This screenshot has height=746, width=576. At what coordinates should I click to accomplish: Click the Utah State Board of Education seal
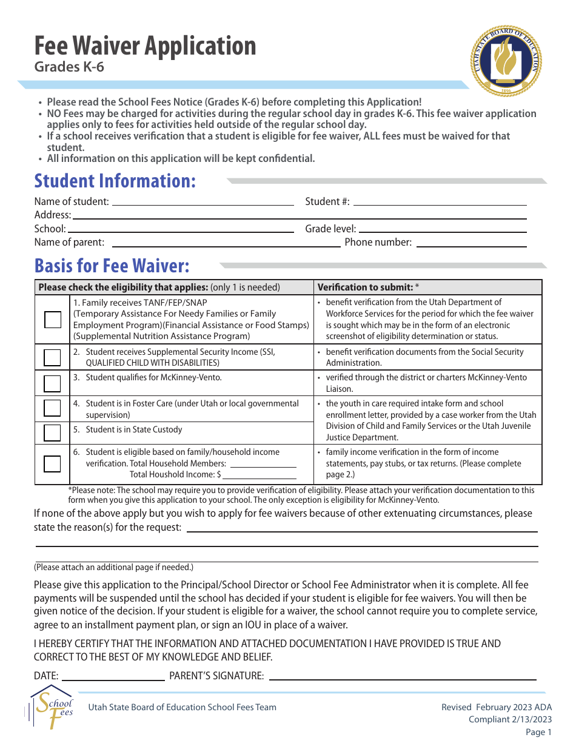[506, 61]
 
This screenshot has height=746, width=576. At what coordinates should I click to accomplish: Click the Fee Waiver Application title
[145, 46]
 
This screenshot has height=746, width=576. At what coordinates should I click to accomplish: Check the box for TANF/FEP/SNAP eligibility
[52, 319]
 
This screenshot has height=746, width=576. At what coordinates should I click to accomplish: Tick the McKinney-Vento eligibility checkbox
[52, 383]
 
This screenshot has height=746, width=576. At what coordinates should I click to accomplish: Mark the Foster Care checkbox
[52, 408]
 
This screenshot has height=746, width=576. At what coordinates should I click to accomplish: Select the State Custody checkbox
[52, 432]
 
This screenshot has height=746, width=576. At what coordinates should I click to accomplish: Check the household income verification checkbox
[52, 463]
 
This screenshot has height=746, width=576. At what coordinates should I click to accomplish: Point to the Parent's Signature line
[402, 677]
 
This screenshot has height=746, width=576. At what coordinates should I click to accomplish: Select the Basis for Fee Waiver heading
[112, 266]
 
